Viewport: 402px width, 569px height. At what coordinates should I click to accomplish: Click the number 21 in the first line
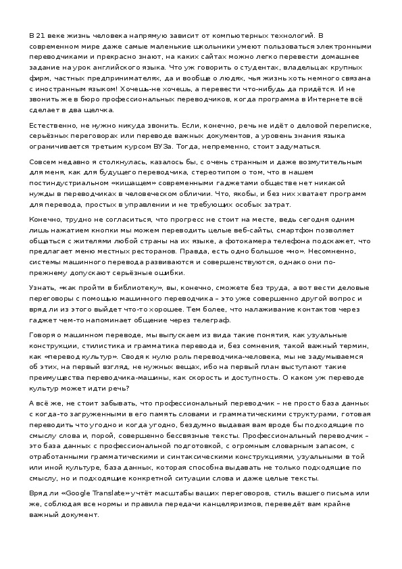(x=43, y=34)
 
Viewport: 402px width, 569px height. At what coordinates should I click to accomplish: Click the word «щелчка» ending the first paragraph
(x=100, y=111)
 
